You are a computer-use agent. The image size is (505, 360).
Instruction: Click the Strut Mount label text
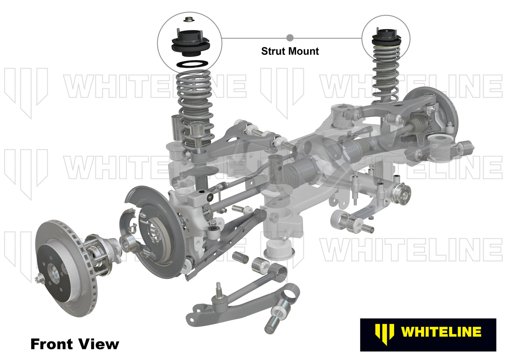(x=290, y=51)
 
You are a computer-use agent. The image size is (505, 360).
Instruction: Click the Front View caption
(x=74, y=344)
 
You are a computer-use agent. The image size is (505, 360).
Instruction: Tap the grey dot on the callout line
(x=289, y=38)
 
